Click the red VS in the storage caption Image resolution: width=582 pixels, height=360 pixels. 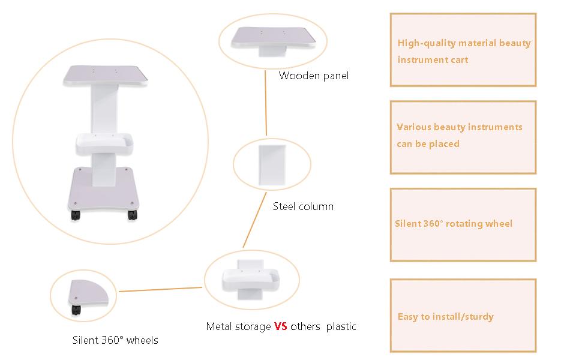pyautogui.click(x=281, y=326)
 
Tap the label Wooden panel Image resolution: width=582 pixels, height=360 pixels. pyautogui.click(x=314, y=76)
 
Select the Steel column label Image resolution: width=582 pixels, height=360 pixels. pyautogui.click(x=303, y=206)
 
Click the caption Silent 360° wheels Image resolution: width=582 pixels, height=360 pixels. pyautogui.click(x=115, y=340)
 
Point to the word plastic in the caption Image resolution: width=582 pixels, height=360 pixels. pyautogui.click(x=341, y=326)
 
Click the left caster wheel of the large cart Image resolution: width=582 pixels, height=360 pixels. pyautogui.click(x=76, y=215)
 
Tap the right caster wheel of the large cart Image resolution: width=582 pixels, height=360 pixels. pyautogui.click(x=132, y=215)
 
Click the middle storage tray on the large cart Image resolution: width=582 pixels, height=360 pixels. pyautogui.click(x=104, y=144)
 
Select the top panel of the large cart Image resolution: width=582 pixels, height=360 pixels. pyautogui.click(x=106, y=76)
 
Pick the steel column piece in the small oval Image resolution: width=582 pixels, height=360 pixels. pyautogui.click(x=272, y=165)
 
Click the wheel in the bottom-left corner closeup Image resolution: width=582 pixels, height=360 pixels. pyautogui.click(x=76, y=310)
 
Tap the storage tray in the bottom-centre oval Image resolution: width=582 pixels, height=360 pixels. pyautogui.click(x=250, y=279)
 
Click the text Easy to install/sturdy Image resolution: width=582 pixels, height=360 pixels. pyautogui.click(x=445, y=317)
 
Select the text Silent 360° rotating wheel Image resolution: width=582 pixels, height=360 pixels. pyautogui.click(x=453, y=223)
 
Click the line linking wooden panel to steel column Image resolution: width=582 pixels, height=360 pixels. pyautogui.click(x=266, y=103)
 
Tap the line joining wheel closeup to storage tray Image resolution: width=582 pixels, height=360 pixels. pyautogui.click(x=160, y=289)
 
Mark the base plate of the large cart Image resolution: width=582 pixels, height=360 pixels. pyautogui.click(x=104, y=188)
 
